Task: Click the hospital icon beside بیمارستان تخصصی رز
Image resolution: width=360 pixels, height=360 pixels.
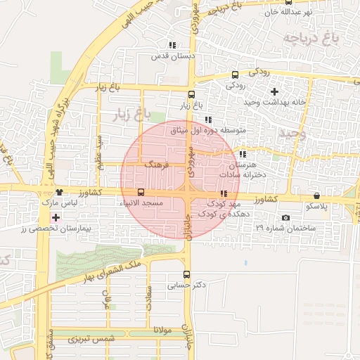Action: pyautogui.click(x=56, y=217)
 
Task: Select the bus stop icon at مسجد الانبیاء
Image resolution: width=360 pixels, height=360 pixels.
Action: pyautogui.click(x=141, y=192)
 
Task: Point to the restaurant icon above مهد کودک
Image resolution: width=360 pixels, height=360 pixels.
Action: pyautogui.click(x=224, y=193)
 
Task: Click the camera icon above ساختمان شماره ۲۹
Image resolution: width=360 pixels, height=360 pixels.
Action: pyautogui.click(x=285, y=217)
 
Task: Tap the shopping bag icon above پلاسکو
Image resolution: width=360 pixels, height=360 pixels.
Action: pyautogui.click(x=316, y=195)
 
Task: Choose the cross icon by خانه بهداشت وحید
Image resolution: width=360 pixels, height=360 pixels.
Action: pyautogui.click(x=274, y=91)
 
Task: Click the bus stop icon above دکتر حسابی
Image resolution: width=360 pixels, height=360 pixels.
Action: pyautogui.click(x=186, y=274)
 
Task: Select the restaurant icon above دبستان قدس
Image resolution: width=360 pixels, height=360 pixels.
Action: pyautogui.click(x=172, y=46)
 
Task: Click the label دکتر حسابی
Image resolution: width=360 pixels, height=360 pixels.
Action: pyautogui.click(x=186, y=286)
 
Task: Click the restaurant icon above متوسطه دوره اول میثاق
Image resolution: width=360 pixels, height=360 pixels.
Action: pyautogui.click(x=207, y=120)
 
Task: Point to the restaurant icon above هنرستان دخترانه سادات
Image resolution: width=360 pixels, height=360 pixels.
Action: pyautogui.click(x=243, y=153)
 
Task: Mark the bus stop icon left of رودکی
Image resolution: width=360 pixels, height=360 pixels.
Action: pyautogui.click(x=234, y=75)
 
